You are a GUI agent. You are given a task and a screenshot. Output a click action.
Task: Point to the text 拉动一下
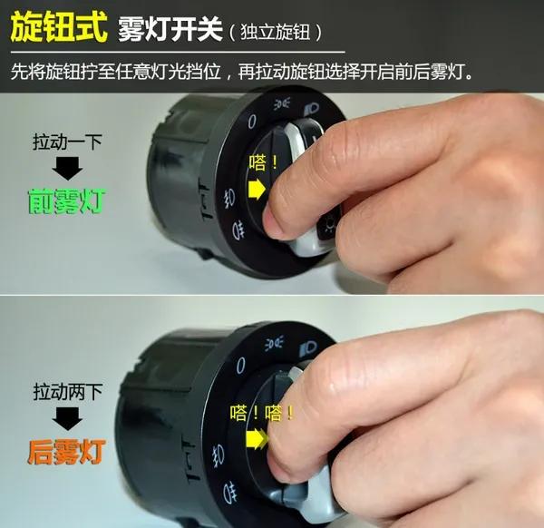pyautogui.click(x=68, y=142)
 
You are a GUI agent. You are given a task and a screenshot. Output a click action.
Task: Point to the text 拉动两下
pyautogui.click(x=68, y=394)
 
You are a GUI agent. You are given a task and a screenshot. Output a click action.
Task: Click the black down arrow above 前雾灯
pyautogui.click(x=68, y=168)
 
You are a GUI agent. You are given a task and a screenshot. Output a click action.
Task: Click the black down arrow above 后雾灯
pyautogui.click(x=68, y=419)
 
